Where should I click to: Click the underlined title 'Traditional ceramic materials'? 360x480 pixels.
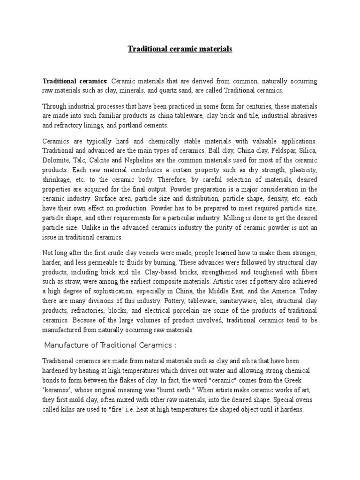coord(180,49)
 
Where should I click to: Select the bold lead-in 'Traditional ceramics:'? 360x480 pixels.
coord(75,82)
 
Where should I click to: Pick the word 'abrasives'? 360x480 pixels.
coord(303,116)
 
